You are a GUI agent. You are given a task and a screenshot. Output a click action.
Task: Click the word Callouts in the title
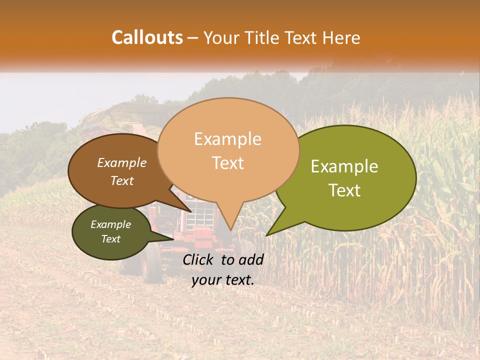pos(147,38)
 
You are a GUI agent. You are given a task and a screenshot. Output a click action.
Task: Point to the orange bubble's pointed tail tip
pos(230,229)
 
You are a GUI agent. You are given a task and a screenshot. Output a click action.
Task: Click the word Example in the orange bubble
pos(227,139)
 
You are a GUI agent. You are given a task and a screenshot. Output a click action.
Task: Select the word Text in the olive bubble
pos(345,190)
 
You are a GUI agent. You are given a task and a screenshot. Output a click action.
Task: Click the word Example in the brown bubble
pos(121,163)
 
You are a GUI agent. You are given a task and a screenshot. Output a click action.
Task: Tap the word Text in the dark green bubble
pos(110,239)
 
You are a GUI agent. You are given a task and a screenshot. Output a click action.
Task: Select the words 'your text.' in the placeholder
pos(222,280)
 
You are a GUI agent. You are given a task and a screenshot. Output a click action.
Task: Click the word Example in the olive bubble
pos(344,166)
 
